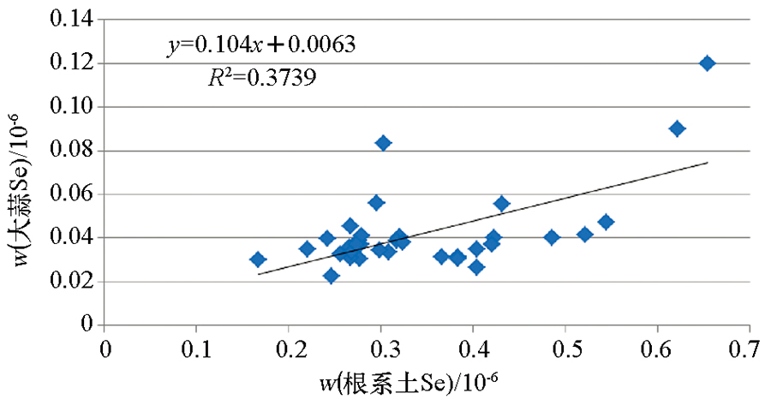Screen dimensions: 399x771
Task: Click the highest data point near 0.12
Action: click(x=707, y=63)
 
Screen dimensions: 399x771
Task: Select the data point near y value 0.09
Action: click(x=677, y=128)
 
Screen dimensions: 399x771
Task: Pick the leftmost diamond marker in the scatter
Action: click(x=258, y=259)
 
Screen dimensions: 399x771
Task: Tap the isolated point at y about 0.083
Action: click(x=383, y=143)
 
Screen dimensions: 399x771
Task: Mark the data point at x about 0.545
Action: click(x=606, y=222)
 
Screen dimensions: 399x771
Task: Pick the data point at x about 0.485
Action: click(x=552, y=237)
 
